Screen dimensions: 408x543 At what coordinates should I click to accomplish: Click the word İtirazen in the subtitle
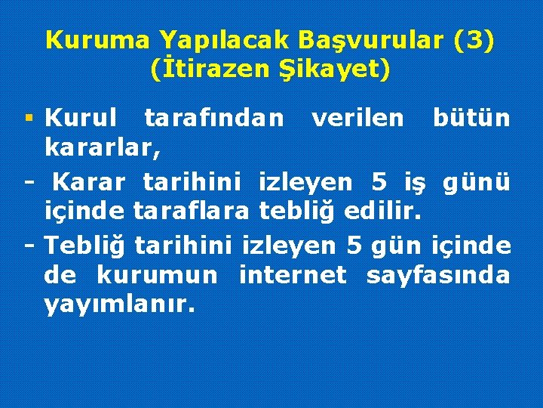[210, 70]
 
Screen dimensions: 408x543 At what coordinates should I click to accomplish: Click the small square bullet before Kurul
[29, 119]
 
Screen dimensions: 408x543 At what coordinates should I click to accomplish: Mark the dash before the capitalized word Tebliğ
[30, 245]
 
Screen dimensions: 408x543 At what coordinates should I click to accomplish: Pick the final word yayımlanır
[119, 306]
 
